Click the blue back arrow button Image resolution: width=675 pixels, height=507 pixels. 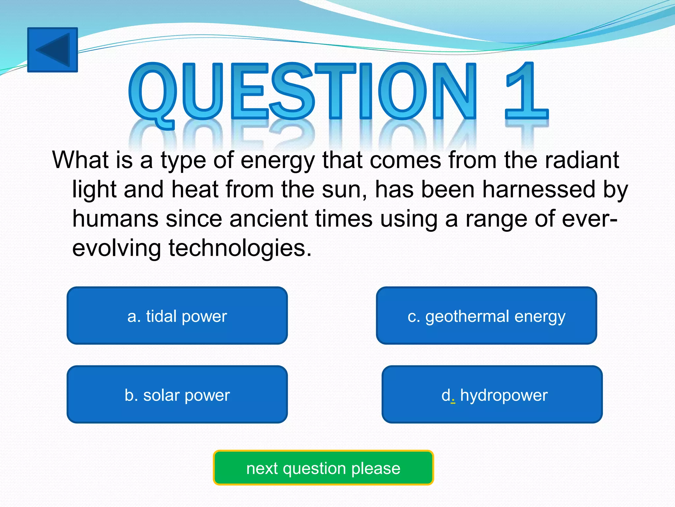[x=52, y=50]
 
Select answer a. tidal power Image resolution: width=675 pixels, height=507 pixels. [x=177, y=316]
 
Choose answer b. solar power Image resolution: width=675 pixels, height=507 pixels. [x=177, y=394]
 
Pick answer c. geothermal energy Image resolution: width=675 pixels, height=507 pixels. [x=486, y=316]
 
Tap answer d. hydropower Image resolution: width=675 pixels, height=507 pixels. [x=492, y=394]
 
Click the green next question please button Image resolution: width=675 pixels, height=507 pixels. [x=323, y=468]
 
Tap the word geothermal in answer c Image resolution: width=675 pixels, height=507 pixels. [x=467, y=316]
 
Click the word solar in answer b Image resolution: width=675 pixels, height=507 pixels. [x=161, y=395]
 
